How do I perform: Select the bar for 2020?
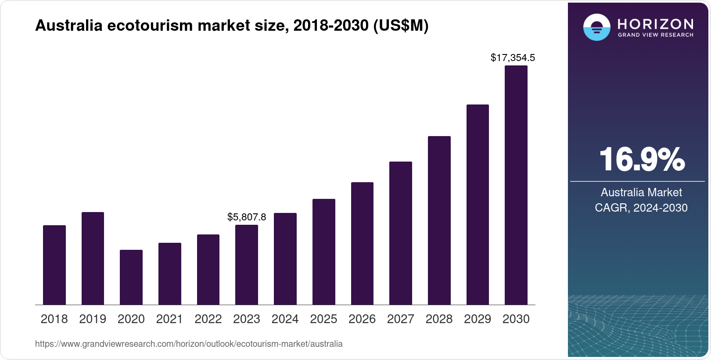131,277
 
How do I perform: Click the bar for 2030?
516,185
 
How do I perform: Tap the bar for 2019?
93,259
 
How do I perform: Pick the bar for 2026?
362,244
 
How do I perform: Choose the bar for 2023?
247,265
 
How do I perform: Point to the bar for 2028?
439,220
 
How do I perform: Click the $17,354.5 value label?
513,58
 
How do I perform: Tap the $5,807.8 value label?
247,217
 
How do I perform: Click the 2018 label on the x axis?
54,319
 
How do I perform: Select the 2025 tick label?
323,319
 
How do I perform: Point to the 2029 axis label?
478,319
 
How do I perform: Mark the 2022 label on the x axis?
208,319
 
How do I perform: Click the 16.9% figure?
641,159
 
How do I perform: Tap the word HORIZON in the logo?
655,24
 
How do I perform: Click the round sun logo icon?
596,27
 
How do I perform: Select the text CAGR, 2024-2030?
641,208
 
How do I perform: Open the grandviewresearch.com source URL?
189,344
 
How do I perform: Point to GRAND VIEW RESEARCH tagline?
655,35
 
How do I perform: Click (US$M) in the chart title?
400,25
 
